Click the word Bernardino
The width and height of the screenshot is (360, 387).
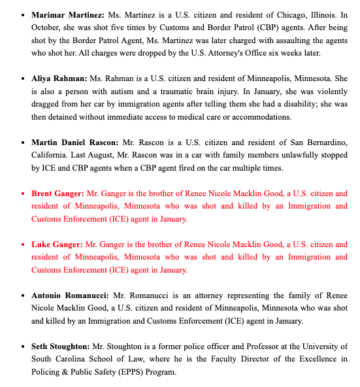click(324, 143)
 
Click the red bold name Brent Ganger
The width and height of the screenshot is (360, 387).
click(57, 193)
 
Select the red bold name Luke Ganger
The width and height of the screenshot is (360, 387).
click(57, 244)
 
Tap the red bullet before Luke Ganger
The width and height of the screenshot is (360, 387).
click(23, 244)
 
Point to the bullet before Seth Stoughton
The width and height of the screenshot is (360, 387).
click(23, 346)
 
